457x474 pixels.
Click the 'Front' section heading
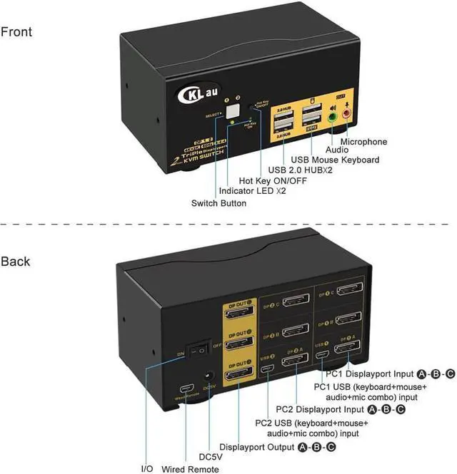[x=16, y=32]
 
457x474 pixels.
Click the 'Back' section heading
[x=16, y=262]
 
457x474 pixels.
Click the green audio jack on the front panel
[x=332, y=115]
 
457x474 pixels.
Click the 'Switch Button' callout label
[x=219, y=203]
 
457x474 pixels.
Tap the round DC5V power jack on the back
[x=210, y=378]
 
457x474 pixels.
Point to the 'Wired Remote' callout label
[x=191, y=468]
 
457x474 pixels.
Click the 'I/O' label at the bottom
[x=147, y=468]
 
